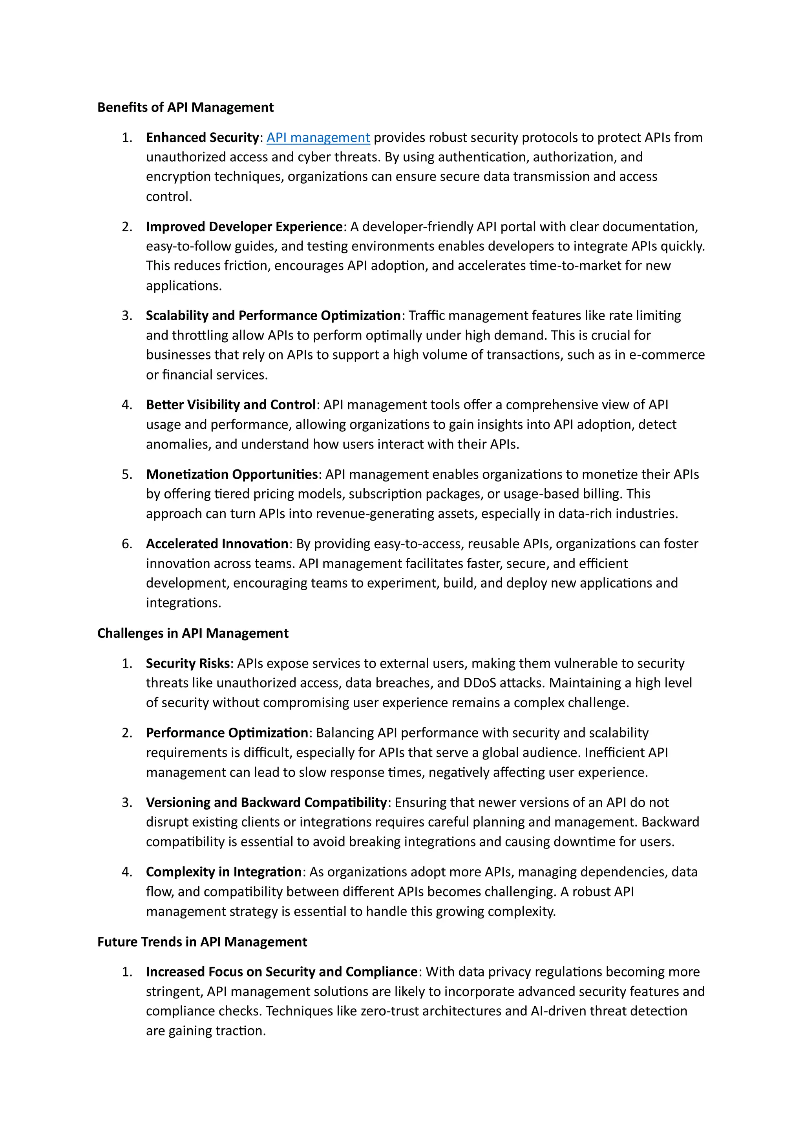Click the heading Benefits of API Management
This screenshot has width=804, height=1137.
point(185,108)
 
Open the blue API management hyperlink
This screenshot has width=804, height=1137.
point(318,137)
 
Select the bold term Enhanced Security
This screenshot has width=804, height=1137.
point(202,137)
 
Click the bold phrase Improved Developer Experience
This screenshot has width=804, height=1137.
point(244,226)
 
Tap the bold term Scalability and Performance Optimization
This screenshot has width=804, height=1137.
point(273,316)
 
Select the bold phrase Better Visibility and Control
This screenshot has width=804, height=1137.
point(231,405)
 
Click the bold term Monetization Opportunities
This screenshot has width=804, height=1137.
point(232,475)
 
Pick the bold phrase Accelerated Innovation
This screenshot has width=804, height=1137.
point(217,544)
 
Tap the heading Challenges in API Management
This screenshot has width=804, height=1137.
point(193,633)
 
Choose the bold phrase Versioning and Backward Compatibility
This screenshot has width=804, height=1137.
point(266,802)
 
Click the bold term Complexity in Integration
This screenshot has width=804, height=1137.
point(224,872)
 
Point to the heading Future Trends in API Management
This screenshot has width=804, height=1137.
point(202,942)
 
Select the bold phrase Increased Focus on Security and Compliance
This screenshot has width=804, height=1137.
point(282,972)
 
